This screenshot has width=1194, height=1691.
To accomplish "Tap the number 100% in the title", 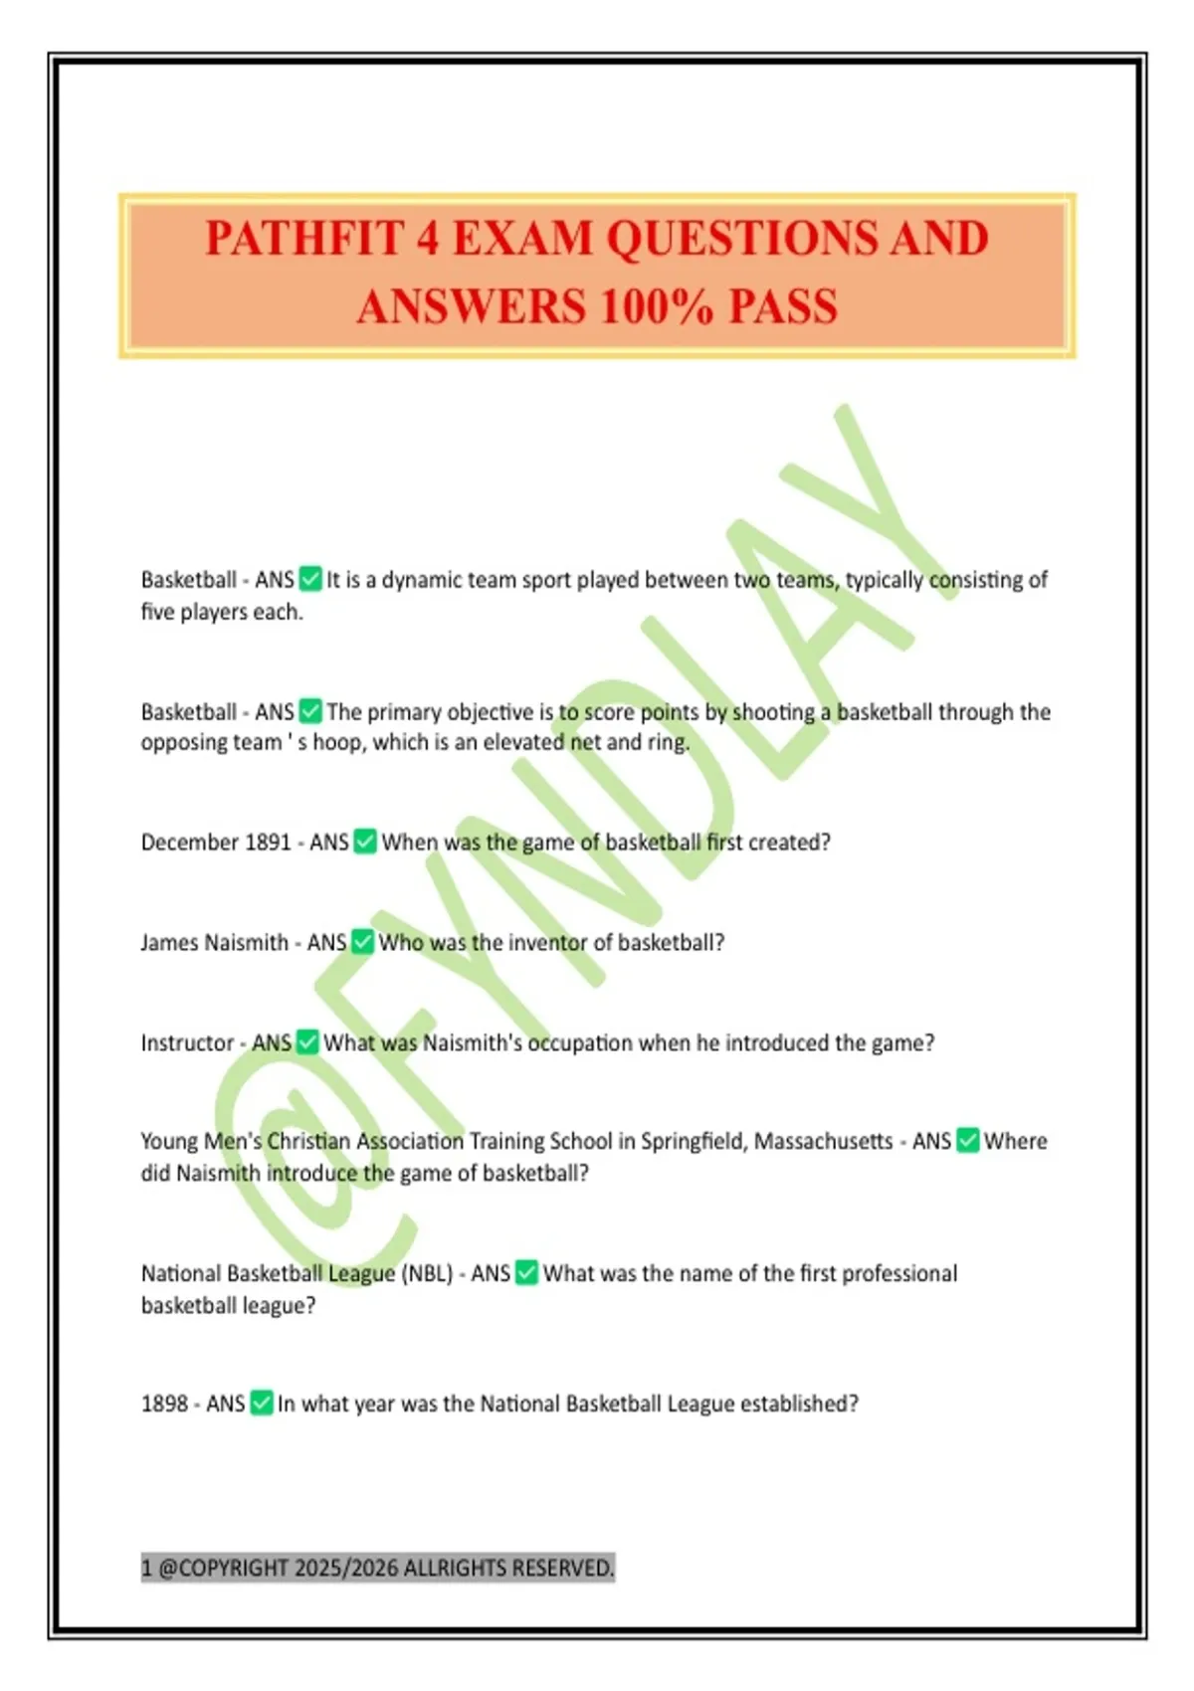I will (x=657, y=306).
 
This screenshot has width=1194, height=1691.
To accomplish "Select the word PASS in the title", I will (x=783, y=306).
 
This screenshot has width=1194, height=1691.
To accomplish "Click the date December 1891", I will (x=216, y=843).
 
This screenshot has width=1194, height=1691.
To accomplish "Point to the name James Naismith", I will (x=214, y=942).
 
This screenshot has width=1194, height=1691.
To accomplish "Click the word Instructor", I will (x=187, y=1042).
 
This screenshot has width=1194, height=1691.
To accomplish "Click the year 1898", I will (x=164, y=1404).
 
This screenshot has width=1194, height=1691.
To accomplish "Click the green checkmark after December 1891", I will (x=365, y=843).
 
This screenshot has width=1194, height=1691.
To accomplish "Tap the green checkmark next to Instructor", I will (x=307, y=1042).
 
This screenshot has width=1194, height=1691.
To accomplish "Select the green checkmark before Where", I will (x=967, y=1141).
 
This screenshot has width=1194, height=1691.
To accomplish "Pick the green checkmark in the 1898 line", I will (x=261, y=1404).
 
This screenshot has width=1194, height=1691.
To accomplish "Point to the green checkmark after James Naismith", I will (x=363, y=942).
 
